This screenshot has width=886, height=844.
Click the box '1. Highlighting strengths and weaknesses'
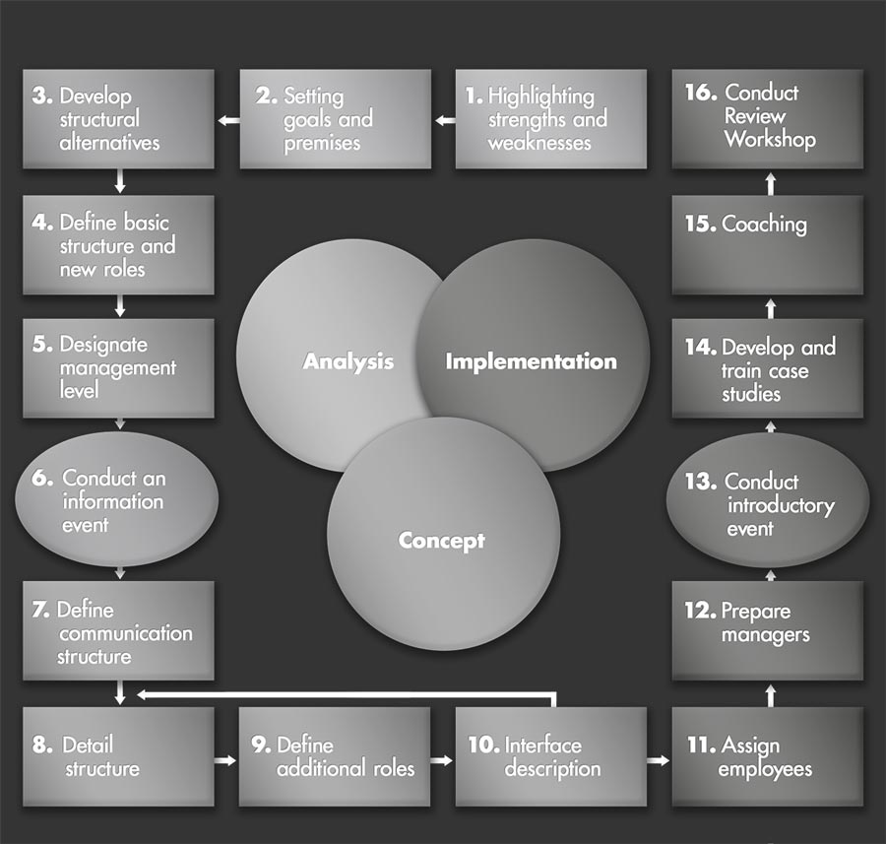[x=550, y=119]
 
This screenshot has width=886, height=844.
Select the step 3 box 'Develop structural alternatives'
[x=118, y=119]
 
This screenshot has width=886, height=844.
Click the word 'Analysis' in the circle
[x=348, y=361]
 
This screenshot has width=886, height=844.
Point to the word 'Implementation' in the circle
[x=531, y=361]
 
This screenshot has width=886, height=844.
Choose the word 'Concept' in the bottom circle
[x=441, y=541]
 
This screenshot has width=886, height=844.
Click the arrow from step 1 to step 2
[x=445, y=120]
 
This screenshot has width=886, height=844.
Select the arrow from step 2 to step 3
[x=228, y=120]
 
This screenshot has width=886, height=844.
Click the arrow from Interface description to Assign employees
[x=658, y=760]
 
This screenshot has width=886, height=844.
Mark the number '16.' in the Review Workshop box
[x=700, y=94]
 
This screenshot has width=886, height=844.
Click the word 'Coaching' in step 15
[x=764, y=225]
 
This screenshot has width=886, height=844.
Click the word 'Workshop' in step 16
[x=770, y=140]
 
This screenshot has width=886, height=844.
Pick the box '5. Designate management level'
[x=118, y=367]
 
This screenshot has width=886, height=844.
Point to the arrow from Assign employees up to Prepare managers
[x=771, y=695]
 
